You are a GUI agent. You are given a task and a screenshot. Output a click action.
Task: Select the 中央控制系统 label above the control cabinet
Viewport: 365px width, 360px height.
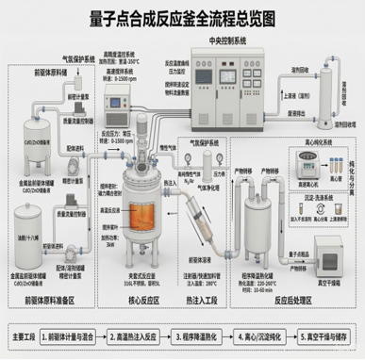tap(224, 41)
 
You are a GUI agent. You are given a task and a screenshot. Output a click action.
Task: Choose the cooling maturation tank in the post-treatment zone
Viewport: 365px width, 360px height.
tap(257, 235)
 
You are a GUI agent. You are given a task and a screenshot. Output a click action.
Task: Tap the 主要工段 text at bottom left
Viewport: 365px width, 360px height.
tap(22, 335)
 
